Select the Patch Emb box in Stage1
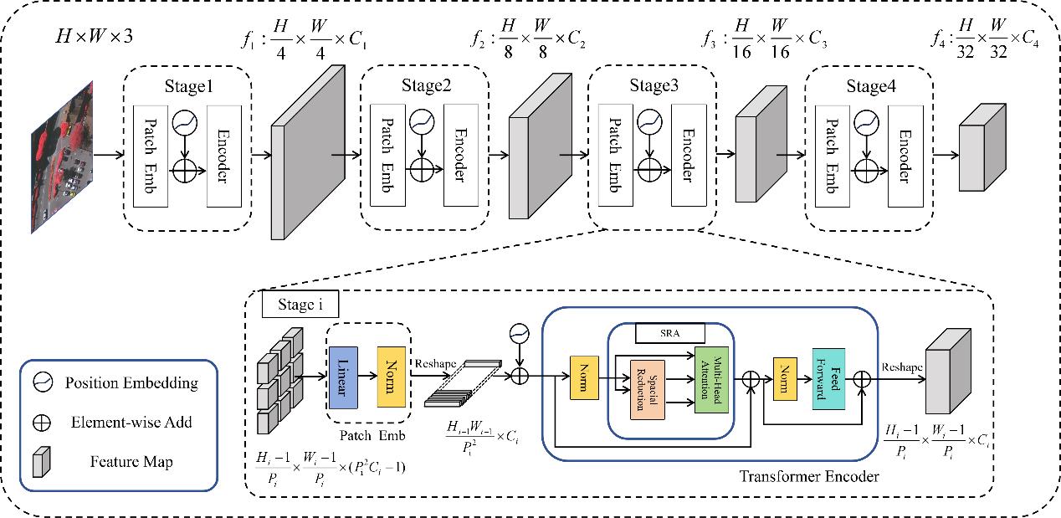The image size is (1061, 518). [151, 156]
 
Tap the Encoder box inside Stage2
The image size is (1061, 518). [461, 156]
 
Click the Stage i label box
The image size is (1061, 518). [300, 304]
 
